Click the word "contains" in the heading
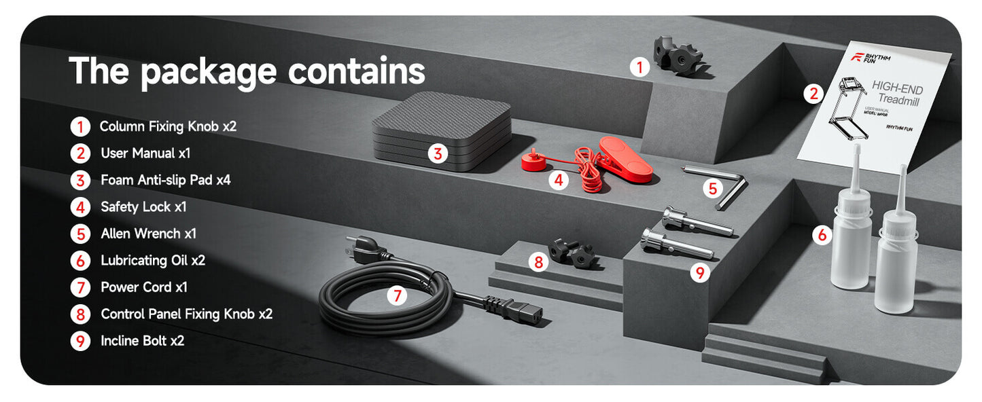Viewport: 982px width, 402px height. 357,71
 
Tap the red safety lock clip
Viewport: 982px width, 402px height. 625,158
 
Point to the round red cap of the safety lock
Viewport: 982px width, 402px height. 534,162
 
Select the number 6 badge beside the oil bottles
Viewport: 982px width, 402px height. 822,236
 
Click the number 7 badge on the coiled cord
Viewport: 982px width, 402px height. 398,295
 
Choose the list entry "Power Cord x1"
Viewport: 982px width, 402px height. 143,287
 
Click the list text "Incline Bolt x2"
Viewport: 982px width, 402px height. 142,341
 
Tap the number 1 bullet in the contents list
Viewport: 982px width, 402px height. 80,126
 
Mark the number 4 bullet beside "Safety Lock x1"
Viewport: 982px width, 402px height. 80,206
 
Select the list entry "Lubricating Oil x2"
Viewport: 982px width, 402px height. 152,260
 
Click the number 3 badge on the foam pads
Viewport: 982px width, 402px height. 438,153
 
